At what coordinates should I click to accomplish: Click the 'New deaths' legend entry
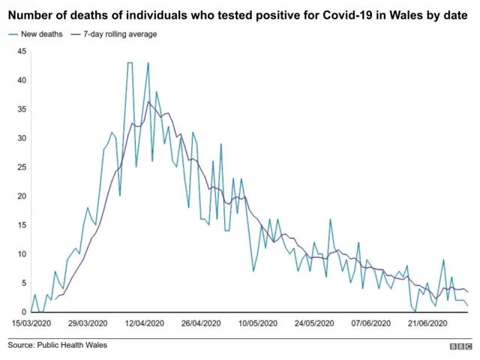tap(38, 34)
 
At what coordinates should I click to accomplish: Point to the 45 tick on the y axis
tap(22, 51)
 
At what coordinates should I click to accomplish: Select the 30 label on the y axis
tap(22, 138)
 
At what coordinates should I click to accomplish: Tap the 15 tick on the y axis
tap(22, 225)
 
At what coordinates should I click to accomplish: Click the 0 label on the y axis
tap(24, 312)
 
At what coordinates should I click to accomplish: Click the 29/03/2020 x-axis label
tap(89, 323)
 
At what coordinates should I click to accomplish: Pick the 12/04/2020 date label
tap(144, 323)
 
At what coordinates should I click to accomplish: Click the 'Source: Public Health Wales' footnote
tap(58, 345)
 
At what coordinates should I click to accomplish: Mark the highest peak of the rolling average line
tap(148, 102)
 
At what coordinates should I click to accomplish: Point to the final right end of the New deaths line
tap(469, 306)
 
